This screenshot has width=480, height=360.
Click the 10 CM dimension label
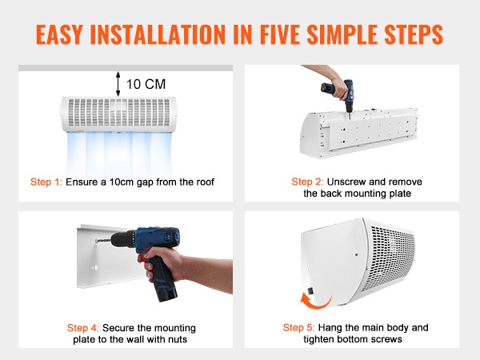point(146,84)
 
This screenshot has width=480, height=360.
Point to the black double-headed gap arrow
point(118,84)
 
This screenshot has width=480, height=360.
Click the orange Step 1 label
point(46,182)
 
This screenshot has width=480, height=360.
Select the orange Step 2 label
point(307,182)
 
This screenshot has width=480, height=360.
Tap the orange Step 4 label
point(83,328)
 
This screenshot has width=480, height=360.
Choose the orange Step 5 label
point(298,327)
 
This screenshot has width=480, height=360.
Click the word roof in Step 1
point(205,182)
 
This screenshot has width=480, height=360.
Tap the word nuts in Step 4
point(178,339)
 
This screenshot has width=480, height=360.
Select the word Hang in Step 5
point(330,328)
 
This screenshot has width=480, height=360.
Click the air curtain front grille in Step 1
point(118,113)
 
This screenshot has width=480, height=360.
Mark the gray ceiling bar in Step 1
point(126,68)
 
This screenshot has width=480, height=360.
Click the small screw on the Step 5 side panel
point(356,254)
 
